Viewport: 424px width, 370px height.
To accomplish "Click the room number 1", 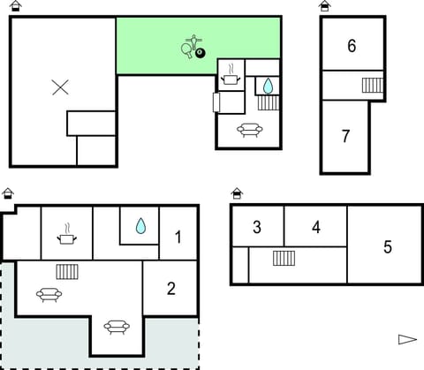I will point(178,237).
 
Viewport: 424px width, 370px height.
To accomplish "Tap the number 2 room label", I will point(171,288).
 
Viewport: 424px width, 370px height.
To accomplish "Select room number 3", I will point(257,227).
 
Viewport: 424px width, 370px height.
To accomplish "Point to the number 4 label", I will point(316,227).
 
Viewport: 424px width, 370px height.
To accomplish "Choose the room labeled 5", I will point(387,247).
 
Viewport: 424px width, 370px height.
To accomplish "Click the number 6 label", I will point(352,46).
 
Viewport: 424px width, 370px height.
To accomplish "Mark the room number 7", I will point(346,137).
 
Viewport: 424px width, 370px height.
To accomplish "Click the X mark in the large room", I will point(60,87).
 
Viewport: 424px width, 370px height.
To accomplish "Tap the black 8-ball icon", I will point(200,54).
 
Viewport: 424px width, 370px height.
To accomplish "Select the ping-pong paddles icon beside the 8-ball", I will point(190,46).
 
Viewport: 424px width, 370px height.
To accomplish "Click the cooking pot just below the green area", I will point(231,78).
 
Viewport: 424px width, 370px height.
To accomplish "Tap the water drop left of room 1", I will point(140,226).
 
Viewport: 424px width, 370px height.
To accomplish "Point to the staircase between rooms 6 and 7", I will point(372,86).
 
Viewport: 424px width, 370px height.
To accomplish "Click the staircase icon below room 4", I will point(284,258).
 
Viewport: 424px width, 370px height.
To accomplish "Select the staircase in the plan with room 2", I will point(68,271).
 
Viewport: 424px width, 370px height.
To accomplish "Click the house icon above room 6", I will point(325,6).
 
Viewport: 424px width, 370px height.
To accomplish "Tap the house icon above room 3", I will point(237,193).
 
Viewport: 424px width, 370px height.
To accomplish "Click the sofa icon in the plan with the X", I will point(249,131).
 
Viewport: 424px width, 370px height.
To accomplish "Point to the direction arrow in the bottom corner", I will point(406,339).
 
